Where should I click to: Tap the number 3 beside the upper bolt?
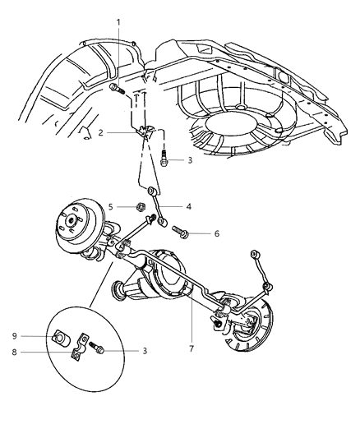tap(190, 160)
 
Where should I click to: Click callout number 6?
tap(216, 233)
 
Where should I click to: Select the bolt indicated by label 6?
tap(184, 233)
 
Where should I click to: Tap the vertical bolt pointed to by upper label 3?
tap(165, 159)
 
